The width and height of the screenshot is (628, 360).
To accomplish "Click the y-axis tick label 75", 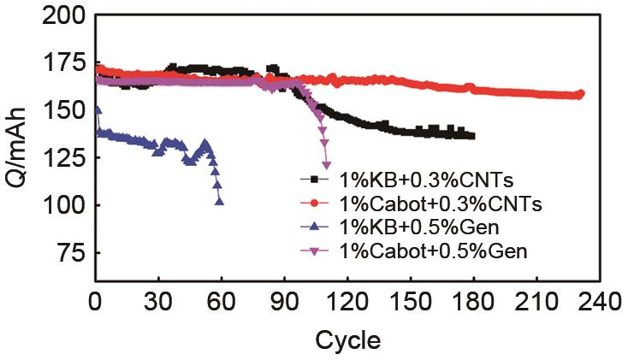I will pyautogui.click(x=66, y=254).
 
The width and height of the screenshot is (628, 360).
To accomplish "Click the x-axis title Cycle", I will pyautogui.click(x=347, y=340).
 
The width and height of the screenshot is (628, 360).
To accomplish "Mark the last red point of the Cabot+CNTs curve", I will pyautogui.click(x=580, y=94).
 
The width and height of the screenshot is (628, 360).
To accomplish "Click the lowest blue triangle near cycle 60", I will pyautogui.click(x=221, y=201).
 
